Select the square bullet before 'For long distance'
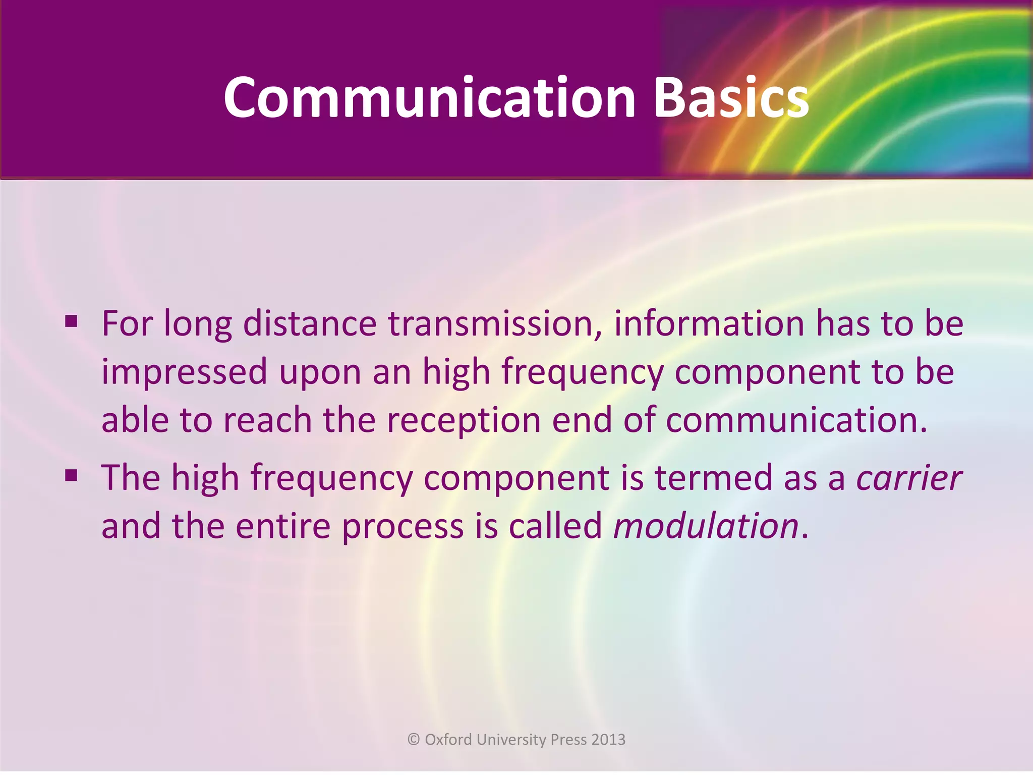(x=71, y=320)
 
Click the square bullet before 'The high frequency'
(x=71, y=475)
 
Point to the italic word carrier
(x=909, y=478)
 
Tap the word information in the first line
(x=709, y=323)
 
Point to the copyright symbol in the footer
(x=414, y=740)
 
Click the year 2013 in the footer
(x=608, y=740)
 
